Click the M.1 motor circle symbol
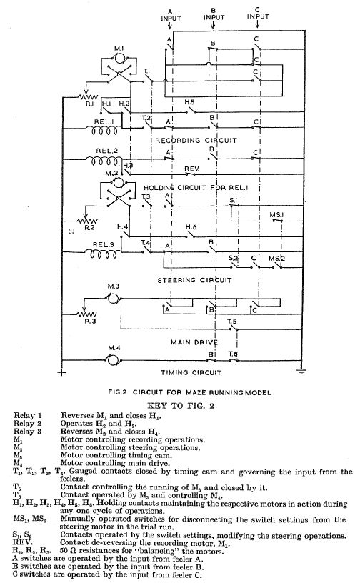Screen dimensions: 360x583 tap(119, 59)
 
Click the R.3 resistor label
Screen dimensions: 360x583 tap(91, 321)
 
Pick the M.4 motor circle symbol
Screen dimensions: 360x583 tap(113, 359)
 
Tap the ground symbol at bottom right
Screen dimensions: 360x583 tap(301, 371)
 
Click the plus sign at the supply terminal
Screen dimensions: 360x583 tap(61, 372)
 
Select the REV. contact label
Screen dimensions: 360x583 tap(192, 169)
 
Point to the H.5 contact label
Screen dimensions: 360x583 tap(190, 102)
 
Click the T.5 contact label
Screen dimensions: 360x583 tap(232, 322)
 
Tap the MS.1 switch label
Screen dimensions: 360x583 tap(276, 215)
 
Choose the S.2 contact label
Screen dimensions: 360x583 tap(233, 258)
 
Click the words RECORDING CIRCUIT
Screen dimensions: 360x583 tap(196, 141)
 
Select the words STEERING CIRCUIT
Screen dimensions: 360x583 tap(194, 280)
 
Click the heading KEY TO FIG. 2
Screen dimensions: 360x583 tap(181, 405)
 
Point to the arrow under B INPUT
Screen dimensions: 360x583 tap(213, 25)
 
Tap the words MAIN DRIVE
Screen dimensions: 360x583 tap(194, 342)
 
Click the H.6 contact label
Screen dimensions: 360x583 tap(191, 227)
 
